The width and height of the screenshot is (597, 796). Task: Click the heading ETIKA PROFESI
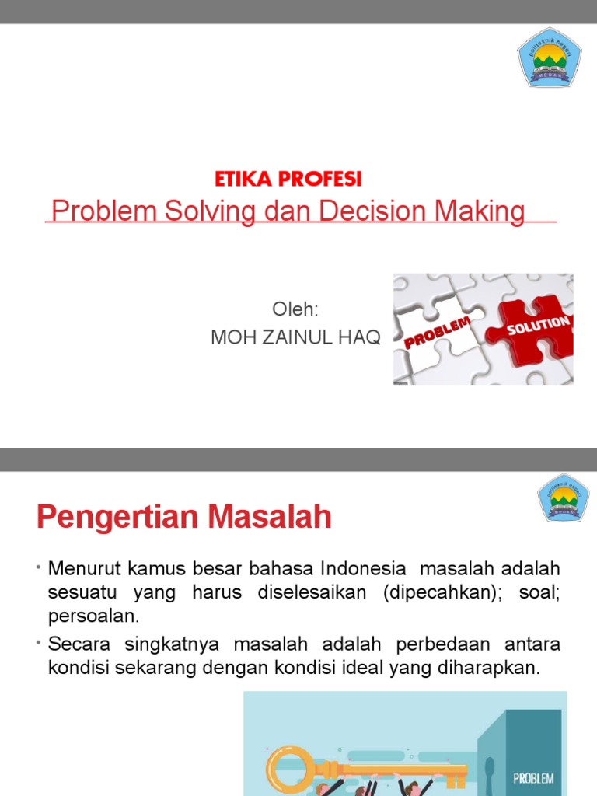coord(288,180)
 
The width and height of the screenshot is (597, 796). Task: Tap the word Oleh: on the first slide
coord(295,309)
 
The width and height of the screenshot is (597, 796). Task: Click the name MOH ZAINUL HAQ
coord(296,337)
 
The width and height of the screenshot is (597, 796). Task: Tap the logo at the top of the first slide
coord(549,54)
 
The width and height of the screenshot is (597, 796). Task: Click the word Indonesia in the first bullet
coord(363,569)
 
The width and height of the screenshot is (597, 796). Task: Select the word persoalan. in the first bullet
coord(93,616)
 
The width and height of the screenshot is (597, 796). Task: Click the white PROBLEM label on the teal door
coord(533,756)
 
